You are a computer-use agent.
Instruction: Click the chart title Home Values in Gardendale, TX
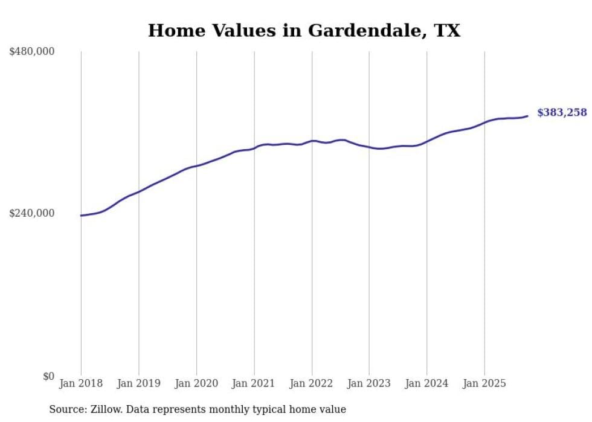click(304, 31)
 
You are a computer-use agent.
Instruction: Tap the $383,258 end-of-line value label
click(562, 112)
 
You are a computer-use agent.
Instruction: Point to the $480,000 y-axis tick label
click(32, 52)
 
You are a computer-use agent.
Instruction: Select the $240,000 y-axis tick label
click(32, 213)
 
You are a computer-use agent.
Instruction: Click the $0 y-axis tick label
click(48, 376)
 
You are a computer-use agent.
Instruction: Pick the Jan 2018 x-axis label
click(81, 383)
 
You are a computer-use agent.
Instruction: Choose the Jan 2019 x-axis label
click(139, 383)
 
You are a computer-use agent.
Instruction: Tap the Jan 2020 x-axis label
click(196, 383)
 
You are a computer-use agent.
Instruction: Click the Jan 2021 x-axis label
click(254, 383)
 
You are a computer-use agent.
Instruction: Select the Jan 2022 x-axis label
click(312, 383)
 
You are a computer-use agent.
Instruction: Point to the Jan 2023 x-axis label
click(369, 383)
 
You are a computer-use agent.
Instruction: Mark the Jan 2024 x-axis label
click(426, 383)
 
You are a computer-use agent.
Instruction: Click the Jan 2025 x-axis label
click(484, 383)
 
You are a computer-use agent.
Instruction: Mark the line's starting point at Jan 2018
click(81, 216)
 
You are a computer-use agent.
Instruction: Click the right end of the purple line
click(527, 116)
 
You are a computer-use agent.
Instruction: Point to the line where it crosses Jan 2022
click(312, 141)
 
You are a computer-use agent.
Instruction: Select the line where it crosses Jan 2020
click(196, 166)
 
